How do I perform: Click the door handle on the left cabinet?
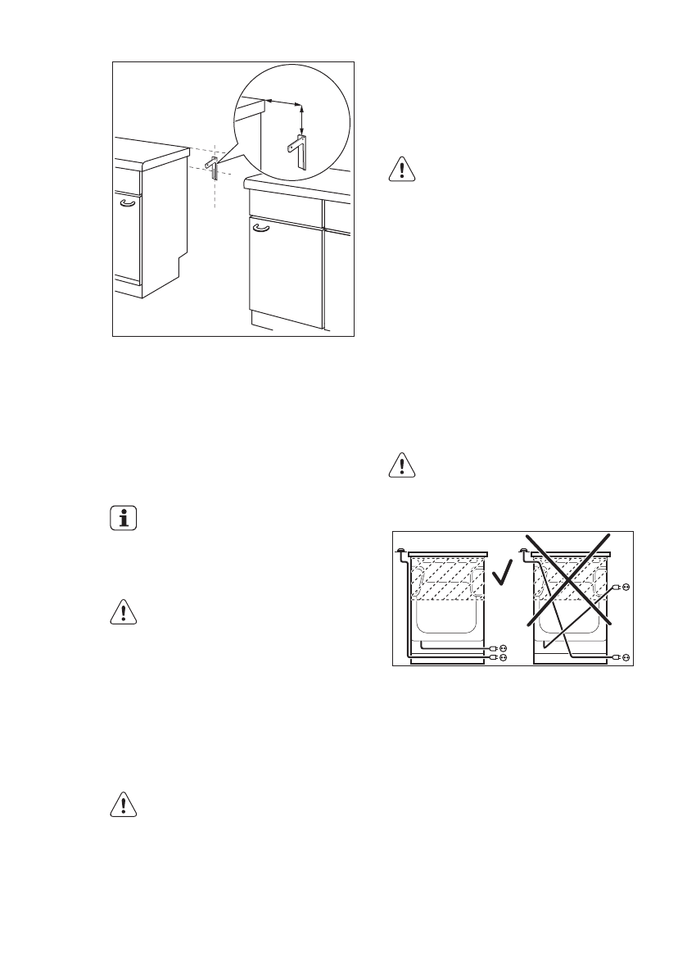point(127,202)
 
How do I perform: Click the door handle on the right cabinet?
point(261,229)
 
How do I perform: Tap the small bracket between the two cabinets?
point(212,169)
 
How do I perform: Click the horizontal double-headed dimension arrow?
point(283,102)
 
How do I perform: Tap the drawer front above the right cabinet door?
point(287,210)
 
